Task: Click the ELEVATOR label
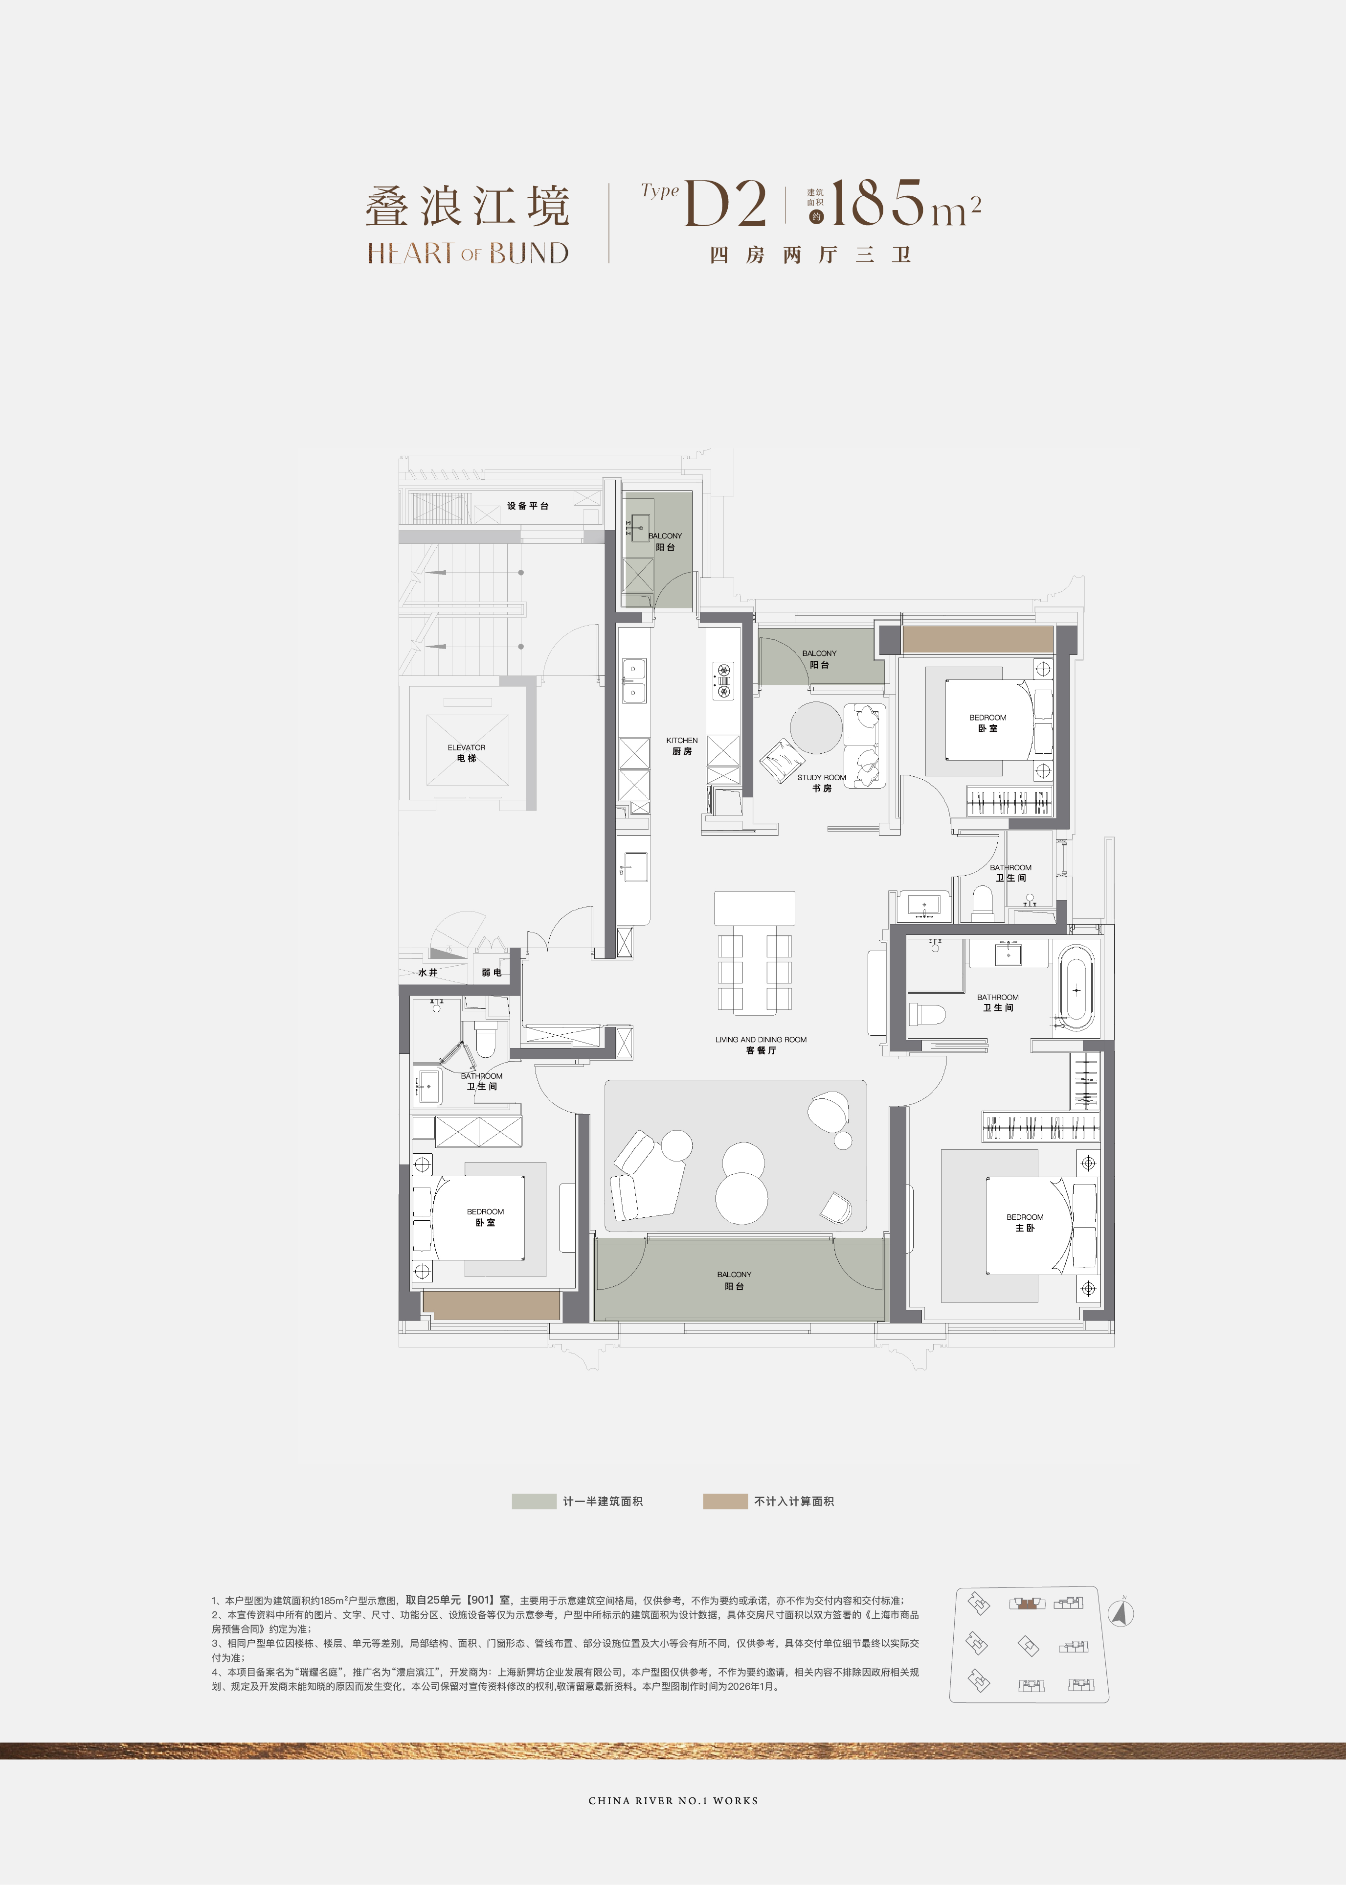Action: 467,747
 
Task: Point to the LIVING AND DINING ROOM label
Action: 761,1039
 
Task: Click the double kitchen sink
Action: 634,680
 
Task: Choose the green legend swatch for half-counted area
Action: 534,1501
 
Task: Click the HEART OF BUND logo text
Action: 468,253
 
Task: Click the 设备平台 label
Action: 528,506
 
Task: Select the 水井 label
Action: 427,972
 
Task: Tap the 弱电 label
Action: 492,972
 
